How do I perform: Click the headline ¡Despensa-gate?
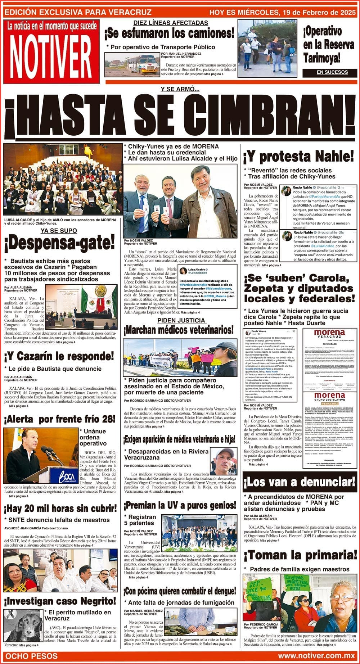pyautogui.click(x=60, y=243)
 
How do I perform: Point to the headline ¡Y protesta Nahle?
pyautogui.click(x=298, y=156)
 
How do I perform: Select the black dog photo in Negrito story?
pyautogui.click(x=23, y=625)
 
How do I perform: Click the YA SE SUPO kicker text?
pyautogui.click(x=59, y=231)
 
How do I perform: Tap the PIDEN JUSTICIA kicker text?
pyautogui.click(x=181, y=320)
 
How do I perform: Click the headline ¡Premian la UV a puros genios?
pyautogui.click(x=180, y=506)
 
